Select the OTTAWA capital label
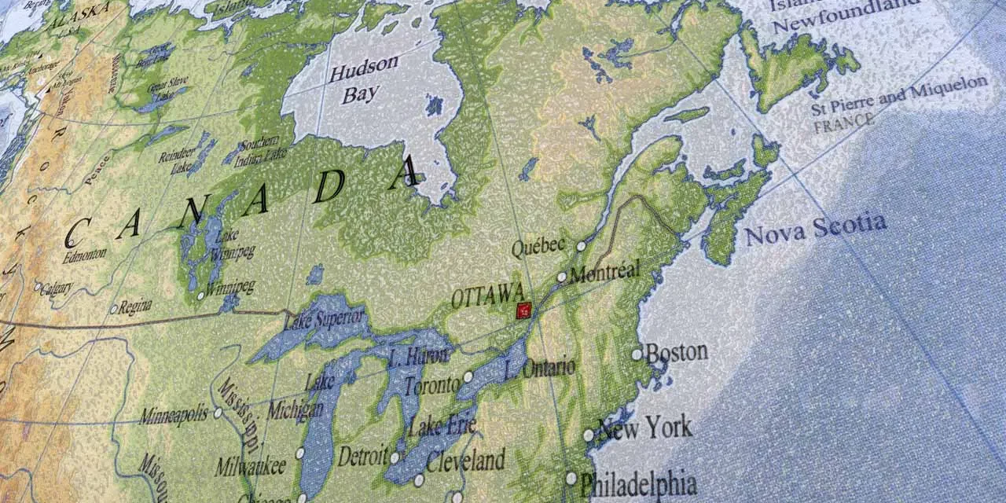click(487, 296)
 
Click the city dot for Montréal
click(562, 277)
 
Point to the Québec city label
click(538, 247)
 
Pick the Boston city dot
click(637, 354)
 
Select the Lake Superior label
click(325, 319)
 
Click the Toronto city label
click(431, 385)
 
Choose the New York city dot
click(588, 435)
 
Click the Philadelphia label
click(638, 483)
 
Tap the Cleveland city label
click(465, 461)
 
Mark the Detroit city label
click(362, 456)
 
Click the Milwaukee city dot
click(299, 453)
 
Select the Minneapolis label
click(174, 414)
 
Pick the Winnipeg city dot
click(200, 296)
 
